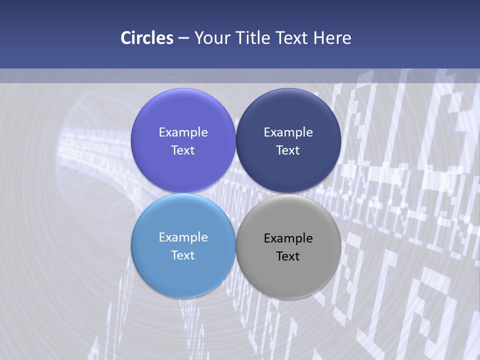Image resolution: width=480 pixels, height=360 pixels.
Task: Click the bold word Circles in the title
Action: (x=146, y=38)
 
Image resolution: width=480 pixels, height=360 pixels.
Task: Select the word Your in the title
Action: (x=210, y=38)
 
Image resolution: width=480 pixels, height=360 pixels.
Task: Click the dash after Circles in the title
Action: (x=183, y=38)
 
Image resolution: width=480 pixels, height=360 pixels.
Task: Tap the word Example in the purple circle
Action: (x=183, y=132)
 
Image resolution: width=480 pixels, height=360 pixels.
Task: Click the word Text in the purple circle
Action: (x=183, y=150)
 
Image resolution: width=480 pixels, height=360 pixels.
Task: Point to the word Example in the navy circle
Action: (x=288, y=132)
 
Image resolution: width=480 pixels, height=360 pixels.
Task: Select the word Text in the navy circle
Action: (x=288, y=150)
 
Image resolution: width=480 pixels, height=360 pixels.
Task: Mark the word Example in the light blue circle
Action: (x=183, y=237)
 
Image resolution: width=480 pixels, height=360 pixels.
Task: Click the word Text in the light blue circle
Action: (x=183, y=255)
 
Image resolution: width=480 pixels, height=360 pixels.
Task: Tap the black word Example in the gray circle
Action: (x=288, y=238)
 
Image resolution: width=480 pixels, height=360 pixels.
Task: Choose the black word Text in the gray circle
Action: (x=288, y=256)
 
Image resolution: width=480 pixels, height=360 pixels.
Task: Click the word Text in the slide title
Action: (x=290, y=38)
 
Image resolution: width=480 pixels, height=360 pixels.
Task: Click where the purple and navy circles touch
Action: (x=235, y=140)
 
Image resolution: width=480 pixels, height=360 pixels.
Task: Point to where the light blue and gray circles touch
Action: (x=235, y=246)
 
